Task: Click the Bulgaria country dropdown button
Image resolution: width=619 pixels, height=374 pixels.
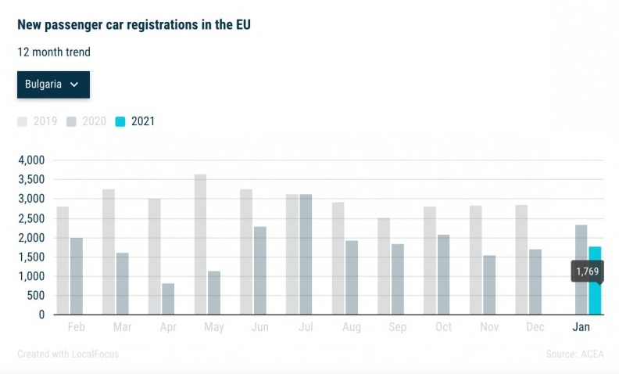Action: point(53,85)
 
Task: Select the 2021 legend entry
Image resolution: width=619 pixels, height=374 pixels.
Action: point(136,121)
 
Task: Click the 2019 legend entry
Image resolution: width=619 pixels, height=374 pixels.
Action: point(38,121)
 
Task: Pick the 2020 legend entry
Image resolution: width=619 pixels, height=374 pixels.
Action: point(87,121)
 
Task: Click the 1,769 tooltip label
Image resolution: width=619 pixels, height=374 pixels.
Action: point(588,272)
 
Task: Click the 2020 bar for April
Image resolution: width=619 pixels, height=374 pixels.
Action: point(168,299)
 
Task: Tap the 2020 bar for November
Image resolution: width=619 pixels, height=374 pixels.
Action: point(489,285)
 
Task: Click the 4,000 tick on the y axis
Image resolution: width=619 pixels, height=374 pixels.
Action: point(30,160)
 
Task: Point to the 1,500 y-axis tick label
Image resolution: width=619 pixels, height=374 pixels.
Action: point(30,257)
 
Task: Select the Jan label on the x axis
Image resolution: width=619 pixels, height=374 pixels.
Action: point(581,327)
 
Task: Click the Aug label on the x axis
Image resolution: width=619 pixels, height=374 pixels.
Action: point(351,327)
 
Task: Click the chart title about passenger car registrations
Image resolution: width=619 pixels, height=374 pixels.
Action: point(134,25)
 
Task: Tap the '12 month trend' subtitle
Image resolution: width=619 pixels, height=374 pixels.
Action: point(54,52)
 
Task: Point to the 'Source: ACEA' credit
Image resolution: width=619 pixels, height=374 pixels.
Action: point(574,354)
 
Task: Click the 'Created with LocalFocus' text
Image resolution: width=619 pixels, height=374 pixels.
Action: point(68,354)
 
